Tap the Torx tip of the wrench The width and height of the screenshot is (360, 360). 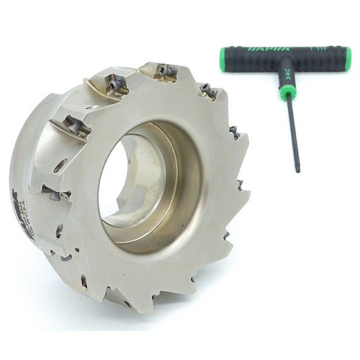(295, 169)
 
